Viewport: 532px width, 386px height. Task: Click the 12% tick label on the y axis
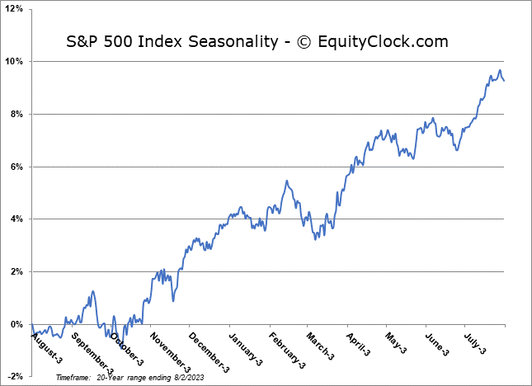(x=16, y=9)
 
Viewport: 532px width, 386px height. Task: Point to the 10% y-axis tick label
(x=16, y=62)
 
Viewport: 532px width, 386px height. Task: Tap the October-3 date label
(x=126, y=348)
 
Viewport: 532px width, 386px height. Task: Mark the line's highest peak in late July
(x=499, y=70)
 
